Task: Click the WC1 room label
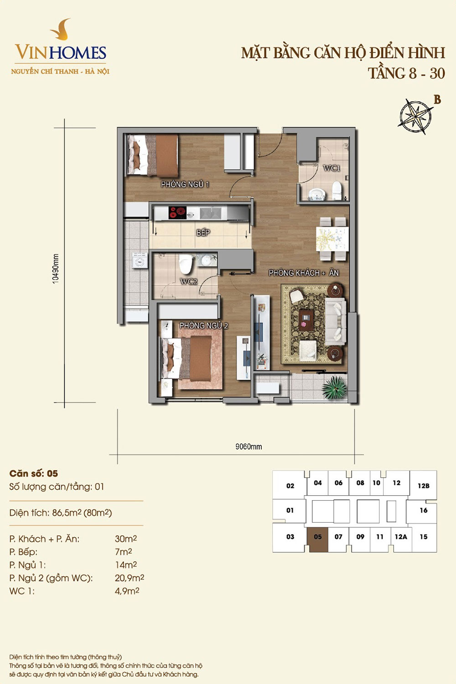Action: tap(332, 168)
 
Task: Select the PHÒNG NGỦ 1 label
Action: tap(185, 184)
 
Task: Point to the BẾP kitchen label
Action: tap(203, 233)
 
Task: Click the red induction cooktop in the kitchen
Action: tap(177, 212)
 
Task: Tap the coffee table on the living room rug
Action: tap(306, 319)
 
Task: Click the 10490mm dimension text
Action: tap(56, 269)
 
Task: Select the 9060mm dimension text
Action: tap(249, 447)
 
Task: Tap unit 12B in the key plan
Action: tap(423, 486)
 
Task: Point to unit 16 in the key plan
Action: tap(423, 510)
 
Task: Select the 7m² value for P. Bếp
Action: tap(124, 552)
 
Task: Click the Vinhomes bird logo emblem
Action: tap(60, 29)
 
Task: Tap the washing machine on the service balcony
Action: tap(140, 260)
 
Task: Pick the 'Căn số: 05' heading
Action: tap(34, 474)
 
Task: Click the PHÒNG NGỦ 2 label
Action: tap(203, 326)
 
